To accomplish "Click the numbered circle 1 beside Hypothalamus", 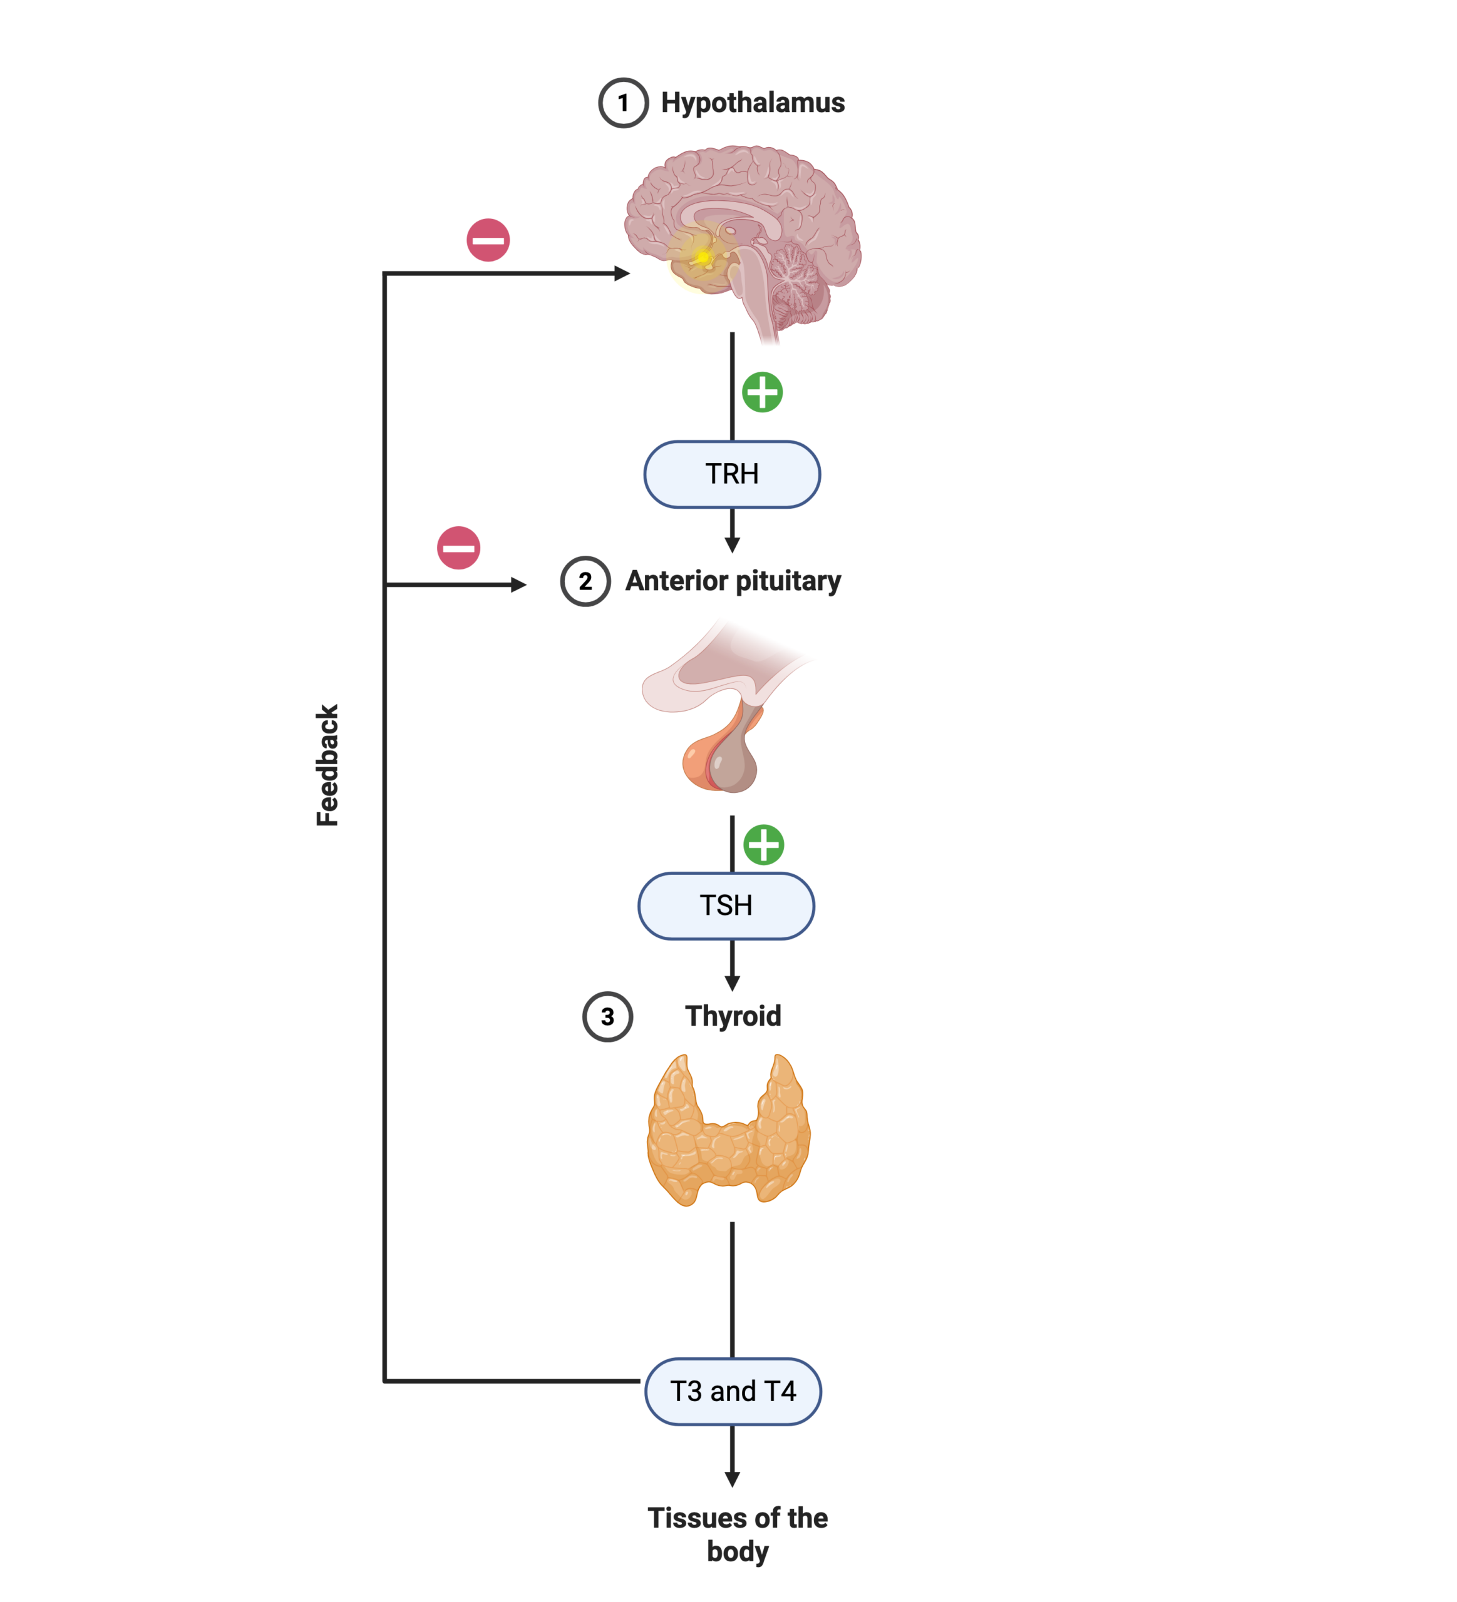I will (x=622, y=103).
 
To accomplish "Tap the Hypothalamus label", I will (x=752, y=103).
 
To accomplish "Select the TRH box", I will (x=731, y=474).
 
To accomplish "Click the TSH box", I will (x=726, y=906).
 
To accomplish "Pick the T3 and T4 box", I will (x=732, y=1391).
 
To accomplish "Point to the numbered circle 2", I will (x=585, y=582).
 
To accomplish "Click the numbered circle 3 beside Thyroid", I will (x=607, y=1016).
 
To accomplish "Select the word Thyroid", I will (x=732, y=1016).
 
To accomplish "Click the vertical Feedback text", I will (x=327, y=765).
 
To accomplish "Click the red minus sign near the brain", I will (x=488, y=240).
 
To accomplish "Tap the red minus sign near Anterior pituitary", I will (x=459, y=548).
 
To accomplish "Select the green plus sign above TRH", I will (x=762, y=392).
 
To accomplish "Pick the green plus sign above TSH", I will (x=763, y=845).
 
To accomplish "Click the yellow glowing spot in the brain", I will (x=703, y=257).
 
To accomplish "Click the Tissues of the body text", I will (x=737, y=1534).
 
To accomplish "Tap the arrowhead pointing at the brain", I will (x=622, y=273).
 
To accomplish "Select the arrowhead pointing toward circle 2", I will (x=519, y=585).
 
